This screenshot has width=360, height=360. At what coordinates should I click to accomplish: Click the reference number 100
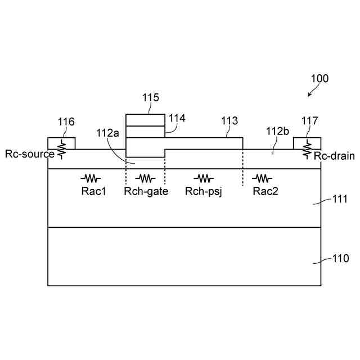tap(319, 79)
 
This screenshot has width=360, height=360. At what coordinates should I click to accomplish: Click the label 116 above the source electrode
tap(66, 121)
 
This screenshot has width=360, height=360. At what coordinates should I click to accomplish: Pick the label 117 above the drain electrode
tap(309, 121)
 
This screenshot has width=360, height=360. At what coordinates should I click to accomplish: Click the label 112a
tap(107, 133)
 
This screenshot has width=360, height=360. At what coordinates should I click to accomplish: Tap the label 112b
tap(277, 131)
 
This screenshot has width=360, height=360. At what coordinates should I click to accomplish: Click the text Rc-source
tap(30, 154)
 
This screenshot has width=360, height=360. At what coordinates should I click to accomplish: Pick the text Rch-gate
tap(146, 191)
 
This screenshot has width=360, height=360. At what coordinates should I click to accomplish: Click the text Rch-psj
tap(204, 191)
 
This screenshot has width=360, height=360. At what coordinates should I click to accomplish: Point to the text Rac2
tap(263, 191)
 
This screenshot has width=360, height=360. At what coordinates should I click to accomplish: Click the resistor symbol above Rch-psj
tap(204, 178)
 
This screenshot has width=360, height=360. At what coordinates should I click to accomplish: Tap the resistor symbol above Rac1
tap(92, 178)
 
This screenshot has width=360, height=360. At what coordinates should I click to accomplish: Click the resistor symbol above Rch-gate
tap(145, 178)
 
